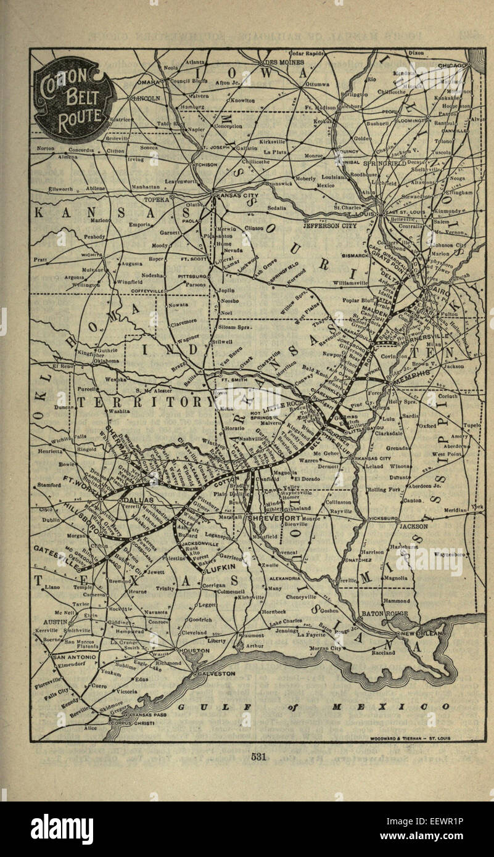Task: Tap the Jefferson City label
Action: pyautogui.click(x=330, y=226)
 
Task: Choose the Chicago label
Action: pyautogui.click(x=454, y=65)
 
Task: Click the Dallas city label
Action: pyautogui.click(x=138, y=500)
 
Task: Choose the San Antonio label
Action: pyautogui.click(x=75, y=657)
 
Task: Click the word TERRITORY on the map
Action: pyautogui.click(x=139, y=403)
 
